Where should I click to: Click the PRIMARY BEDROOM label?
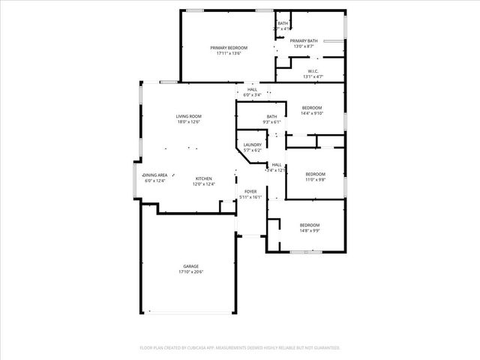(229, 47)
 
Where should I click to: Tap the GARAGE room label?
(191, 266)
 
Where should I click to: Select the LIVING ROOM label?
(189, 116)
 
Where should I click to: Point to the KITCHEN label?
(204, 178)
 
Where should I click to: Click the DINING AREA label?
(155, 175)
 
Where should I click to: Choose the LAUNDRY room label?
(253, 145)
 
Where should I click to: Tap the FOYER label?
(251, 191)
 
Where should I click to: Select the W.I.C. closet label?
(313, 71)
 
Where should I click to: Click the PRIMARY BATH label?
(304, 40)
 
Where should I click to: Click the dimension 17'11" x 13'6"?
(229, 53)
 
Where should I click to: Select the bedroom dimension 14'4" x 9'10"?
(312, 113)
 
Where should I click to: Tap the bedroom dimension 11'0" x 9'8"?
(315, 180)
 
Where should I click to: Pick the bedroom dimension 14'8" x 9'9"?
(310, 231)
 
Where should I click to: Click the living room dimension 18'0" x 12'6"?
(189, 122)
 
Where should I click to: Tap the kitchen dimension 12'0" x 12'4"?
(204, 184)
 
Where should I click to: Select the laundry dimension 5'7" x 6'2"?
(253, 151)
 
